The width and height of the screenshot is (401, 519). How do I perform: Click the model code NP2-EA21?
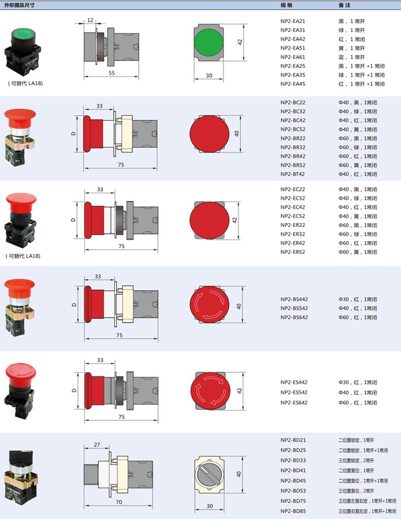(x=293, y=21)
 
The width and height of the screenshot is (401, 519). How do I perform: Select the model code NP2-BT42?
(x=292, y=174)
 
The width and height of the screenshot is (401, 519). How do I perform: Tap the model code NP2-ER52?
(x=293, y=252)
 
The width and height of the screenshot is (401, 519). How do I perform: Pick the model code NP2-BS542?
(x=294, y=308)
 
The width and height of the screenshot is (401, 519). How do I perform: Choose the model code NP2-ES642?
(x=294, y=403)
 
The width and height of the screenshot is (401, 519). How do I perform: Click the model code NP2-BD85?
(x=293, y=511)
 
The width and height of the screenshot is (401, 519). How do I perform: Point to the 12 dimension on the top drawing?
(x=90, y=20)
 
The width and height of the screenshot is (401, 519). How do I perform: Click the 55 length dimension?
(x=112, y=73)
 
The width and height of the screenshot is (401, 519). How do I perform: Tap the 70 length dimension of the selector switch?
(x=119, y=502)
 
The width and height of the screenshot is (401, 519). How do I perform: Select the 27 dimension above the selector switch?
(x=96, y=444)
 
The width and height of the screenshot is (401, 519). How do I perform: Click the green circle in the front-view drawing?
(x=209, y=42)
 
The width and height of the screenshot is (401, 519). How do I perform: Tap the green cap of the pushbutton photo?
(x=23, y=34)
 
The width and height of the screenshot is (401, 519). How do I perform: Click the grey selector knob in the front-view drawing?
(x=209, y=474)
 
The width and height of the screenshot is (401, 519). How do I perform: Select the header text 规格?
(x=286, y=5)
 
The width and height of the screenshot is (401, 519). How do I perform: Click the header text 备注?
(x=345, y=5)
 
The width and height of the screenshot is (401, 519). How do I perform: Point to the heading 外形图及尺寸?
(x=19, y=5)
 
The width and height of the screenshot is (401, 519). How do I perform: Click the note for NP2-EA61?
(x=352, y=57)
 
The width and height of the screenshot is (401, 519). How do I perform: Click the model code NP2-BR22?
(x=293, y=138)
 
